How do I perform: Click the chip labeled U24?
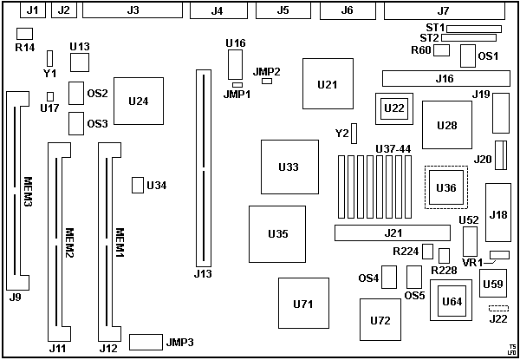pos(138,101)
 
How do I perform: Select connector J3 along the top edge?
pos(132,10)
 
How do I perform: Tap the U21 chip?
pos(327,84)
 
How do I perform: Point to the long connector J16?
pos(444,79)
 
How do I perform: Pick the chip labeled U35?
pos(277,233)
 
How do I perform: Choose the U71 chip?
pos(302,304)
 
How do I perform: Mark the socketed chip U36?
pos(445,187)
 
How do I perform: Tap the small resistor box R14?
pos(24,33)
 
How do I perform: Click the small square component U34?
pos(137,185)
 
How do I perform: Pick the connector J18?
pos(498,214)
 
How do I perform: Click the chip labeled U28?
pos(446,126)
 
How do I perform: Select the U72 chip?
pos(380,320)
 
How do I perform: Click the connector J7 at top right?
pos(443,10)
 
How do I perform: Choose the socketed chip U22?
pos(393,108)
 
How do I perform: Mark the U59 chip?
pos(492,284)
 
